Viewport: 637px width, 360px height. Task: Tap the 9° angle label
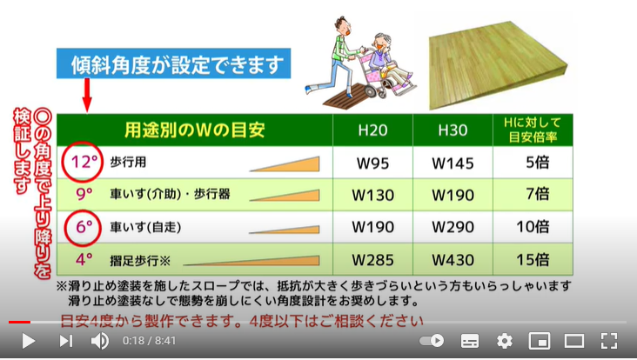click(x=84, y=194)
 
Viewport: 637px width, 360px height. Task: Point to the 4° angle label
click(x=84, y=258)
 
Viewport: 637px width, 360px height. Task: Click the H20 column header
click(x=373, y=130)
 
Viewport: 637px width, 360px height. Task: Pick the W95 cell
click(x=373, y=163)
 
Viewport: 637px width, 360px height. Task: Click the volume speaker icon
click(x=100, y=341)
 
